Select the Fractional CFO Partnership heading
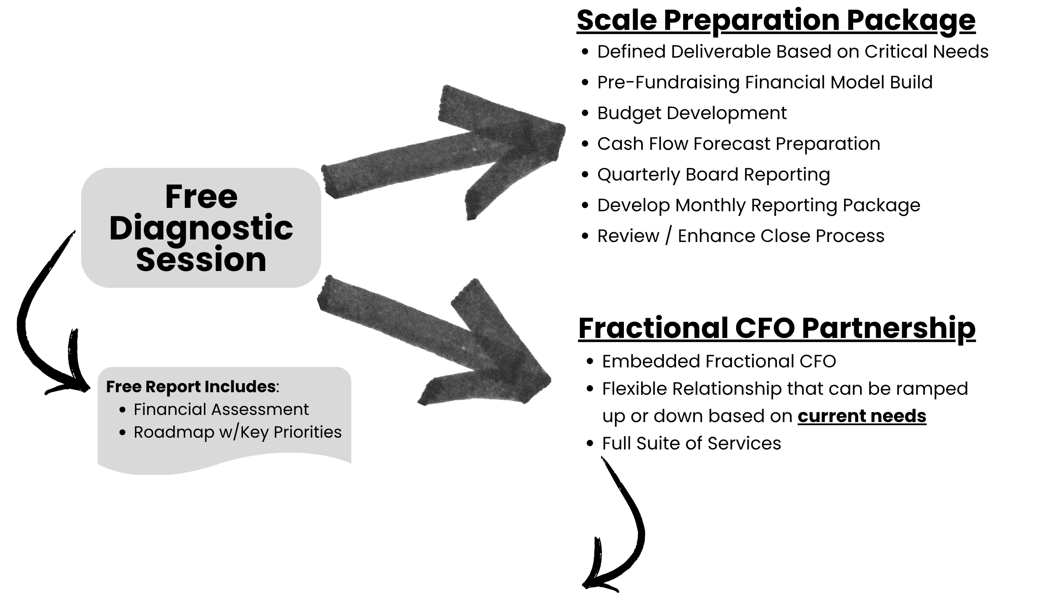coord(776,328)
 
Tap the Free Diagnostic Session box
coord(201,228)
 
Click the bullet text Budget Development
coord(692,113)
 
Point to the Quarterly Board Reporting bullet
coord(713,174)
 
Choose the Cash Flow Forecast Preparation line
coord(738,144)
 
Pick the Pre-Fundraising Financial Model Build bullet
coord(765,82)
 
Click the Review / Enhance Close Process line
coord(741,236)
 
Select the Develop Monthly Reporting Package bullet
coord(758,205)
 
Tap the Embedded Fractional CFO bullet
coord(719,361)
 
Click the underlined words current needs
coord(862,416)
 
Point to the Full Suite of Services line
coord(691,443)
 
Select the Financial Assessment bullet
coord(221,409)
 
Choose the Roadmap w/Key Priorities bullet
coord(238,432)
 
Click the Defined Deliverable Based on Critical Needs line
coord(792,51)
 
